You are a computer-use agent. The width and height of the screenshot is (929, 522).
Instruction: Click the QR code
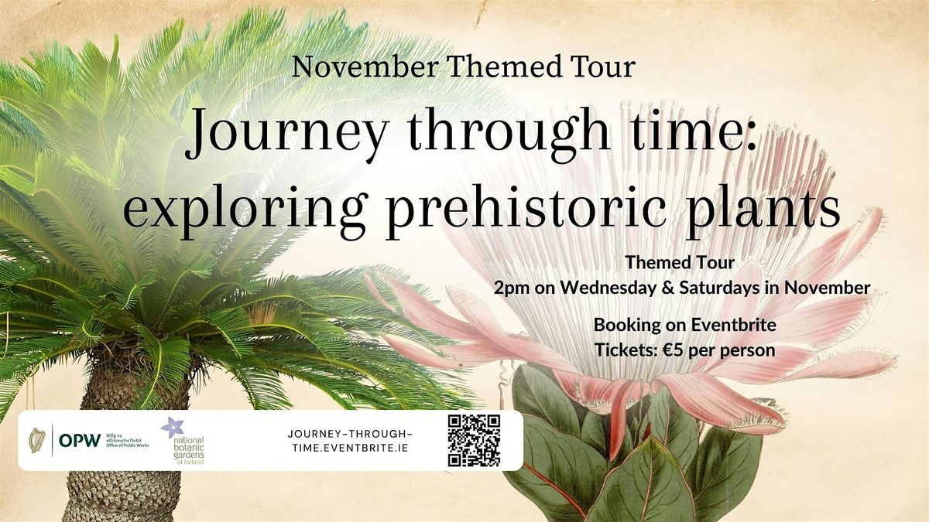[474, 440]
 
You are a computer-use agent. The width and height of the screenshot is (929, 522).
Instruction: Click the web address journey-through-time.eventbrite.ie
[349, 441]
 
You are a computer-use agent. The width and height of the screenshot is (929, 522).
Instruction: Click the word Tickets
[624, 350]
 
